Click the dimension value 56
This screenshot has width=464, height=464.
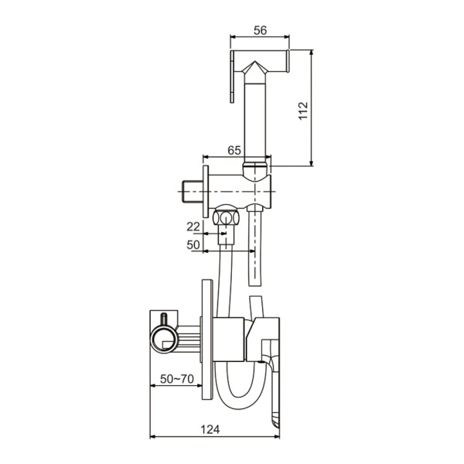point(260,30)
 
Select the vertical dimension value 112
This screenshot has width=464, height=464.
point(304,111)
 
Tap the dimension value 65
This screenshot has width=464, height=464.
point(234,150)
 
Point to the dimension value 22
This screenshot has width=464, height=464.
point(193,227)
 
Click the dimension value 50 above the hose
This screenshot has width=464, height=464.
point(193,244)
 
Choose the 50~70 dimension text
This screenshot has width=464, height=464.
point(177,379)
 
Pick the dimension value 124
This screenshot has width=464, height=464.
point(210,429)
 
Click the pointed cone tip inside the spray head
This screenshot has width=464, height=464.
point(255,62)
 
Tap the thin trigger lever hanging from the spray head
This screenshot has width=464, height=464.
point(232,77)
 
